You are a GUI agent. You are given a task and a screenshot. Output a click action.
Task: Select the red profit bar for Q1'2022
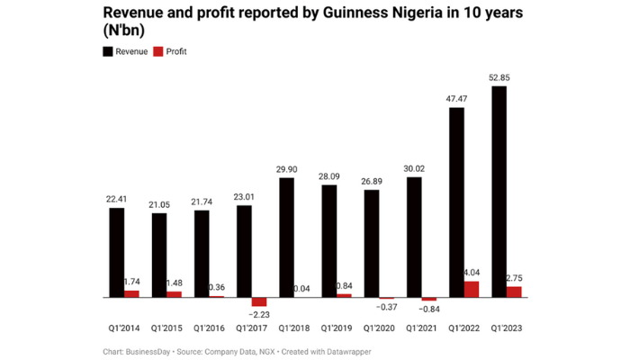coord(472,288)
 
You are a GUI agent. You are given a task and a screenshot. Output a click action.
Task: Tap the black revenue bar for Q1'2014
coord(117,252)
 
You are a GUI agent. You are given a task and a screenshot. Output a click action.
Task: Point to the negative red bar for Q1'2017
coord(259,302)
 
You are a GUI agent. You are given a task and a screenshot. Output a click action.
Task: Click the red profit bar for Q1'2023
coord(514,292)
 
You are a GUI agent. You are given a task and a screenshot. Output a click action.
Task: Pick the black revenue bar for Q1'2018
coord(287,237)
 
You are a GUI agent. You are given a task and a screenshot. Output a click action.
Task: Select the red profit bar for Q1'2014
coord(131,293)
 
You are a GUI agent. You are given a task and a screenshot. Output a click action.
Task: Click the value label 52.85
coord(499,77)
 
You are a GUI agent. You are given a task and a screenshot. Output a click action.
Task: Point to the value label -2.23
coord(262,314)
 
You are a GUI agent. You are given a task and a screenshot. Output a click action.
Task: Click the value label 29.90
coord(287,169)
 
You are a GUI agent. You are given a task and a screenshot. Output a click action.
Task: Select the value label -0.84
coord(431,310)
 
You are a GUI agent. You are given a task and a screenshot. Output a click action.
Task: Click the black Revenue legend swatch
coord(108,51)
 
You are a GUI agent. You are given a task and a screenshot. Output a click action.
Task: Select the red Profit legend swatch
coord(158,51)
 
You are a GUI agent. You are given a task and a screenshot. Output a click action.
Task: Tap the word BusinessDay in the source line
coord(149,352)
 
